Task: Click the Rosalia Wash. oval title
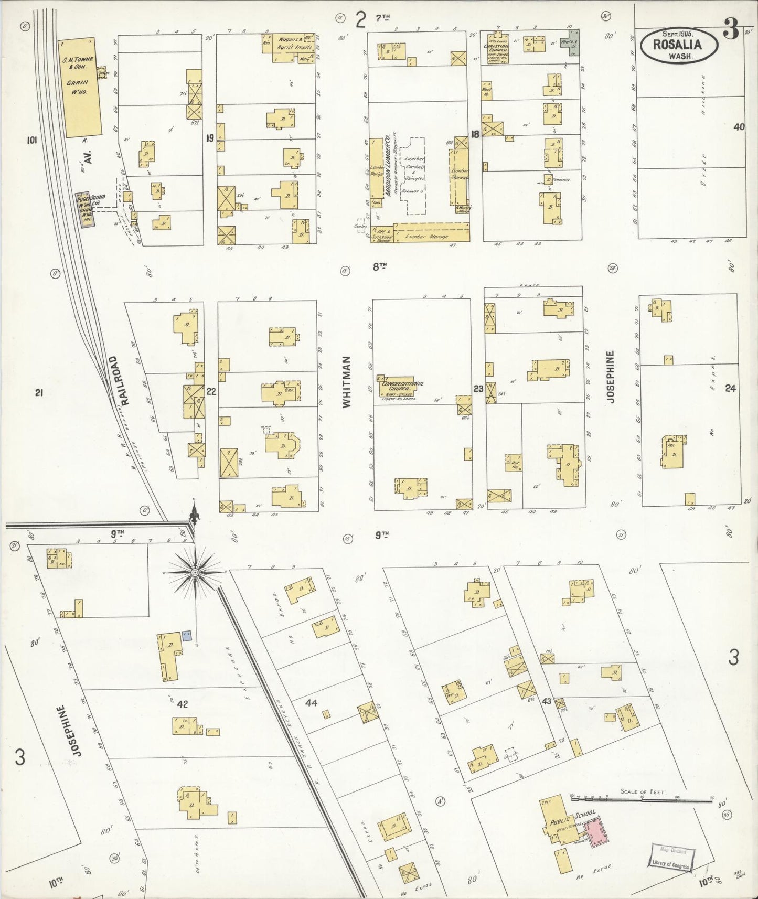678,45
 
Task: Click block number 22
211,391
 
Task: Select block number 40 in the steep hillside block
739,126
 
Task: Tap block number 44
312,703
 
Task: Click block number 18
475,134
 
